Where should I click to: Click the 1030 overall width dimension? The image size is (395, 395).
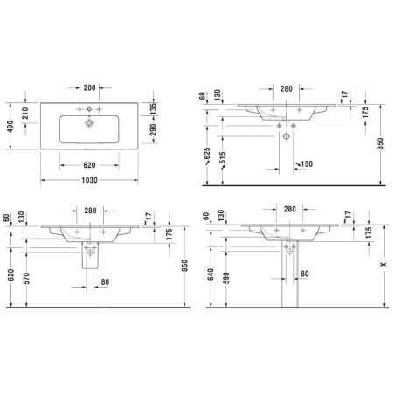[x=89, y=180]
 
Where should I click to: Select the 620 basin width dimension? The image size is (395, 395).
[x=89, y=165]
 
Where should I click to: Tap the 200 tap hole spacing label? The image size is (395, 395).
[x=89, y=87]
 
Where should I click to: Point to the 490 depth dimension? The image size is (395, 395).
[x=10, y=127]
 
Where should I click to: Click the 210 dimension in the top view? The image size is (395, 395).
[x=25, y=113]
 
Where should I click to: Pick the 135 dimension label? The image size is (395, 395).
[x=153, y=108]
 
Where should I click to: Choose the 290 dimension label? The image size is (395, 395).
[x=153, y=129]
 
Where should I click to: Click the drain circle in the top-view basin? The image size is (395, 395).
[x=89, y=123]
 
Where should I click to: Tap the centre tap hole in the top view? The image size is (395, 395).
[x=89, y=109]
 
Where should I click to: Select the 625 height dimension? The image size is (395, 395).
[x=207, y=155]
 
